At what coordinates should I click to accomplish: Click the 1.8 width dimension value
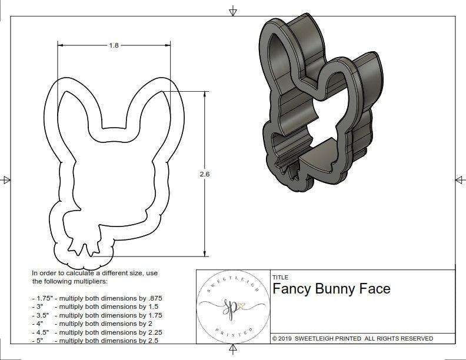click(x=114, y=45)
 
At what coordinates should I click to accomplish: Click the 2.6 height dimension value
click(x=205, y=174)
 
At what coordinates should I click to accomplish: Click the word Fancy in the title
click(x=291, y=289)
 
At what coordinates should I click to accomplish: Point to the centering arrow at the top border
click(x=234, y=11)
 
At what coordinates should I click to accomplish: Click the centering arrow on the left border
click(x=6, y=180)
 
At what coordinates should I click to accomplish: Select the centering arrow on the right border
click(x=460, y=180)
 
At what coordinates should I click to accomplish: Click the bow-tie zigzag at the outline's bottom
click(x=82, y=246)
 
